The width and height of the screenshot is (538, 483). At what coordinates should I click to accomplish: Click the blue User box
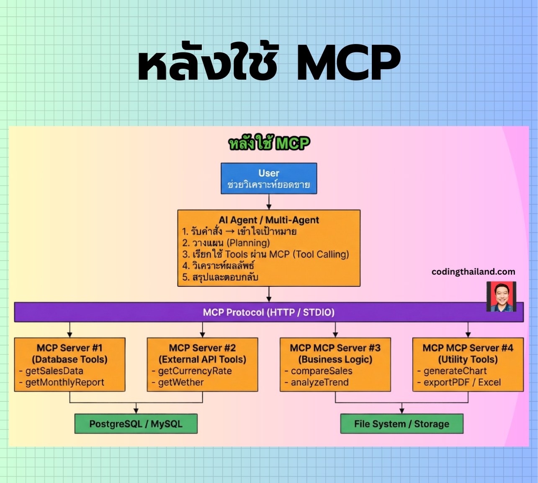click(x=269, y=179)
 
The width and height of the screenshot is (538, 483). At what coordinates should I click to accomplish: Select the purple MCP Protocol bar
click(x=268, y=312)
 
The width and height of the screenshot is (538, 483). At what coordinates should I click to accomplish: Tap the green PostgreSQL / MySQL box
click(x=136, y=424)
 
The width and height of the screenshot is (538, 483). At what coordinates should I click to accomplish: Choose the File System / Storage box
click(x=402, y=424)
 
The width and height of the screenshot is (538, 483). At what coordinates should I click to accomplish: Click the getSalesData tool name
click(x=54, y=371)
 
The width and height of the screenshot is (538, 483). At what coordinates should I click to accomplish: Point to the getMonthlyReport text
click(x=64, y=382)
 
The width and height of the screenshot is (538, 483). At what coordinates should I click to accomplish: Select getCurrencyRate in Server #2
click(x=195, y=371)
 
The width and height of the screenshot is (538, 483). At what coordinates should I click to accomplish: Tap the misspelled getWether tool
click(x=180, y=382)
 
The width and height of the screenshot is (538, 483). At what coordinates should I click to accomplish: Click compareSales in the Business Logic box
click(x=321, y=371)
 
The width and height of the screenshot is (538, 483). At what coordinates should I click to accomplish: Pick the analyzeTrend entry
click(x=319, y=382)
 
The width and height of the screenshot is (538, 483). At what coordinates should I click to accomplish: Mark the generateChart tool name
click(x=455, y=371)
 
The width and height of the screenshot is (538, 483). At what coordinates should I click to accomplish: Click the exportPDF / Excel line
click(x=462, y=382)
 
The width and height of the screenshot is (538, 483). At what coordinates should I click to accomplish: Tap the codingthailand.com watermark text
click(x=473, y=272)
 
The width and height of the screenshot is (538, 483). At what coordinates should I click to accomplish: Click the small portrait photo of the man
click(x=501, y=296)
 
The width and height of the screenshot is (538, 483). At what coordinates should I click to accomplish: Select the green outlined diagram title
click(x=269, y=144)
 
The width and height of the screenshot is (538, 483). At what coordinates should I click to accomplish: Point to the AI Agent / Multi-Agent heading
click(x=269, y=220)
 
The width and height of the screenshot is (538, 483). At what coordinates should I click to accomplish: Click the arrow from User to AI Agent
click(x=269, y=202)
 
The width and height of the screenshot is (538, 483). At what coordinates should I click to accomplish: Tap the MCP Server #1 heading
click(x=70, y=348)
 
